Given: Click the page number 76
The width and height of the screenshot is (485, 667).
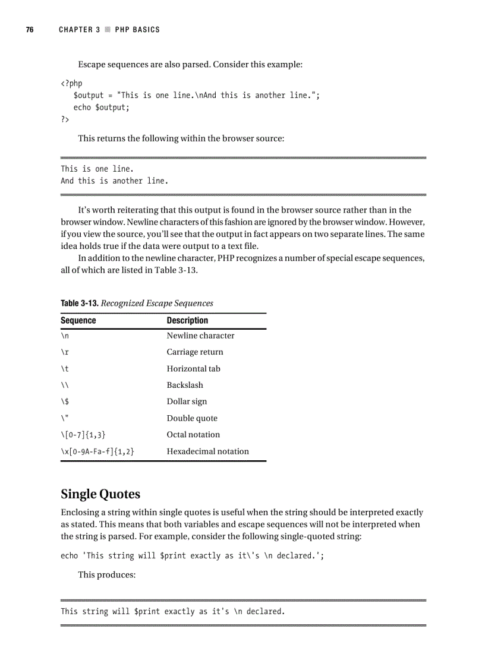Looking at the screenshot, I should [x=29, y=30].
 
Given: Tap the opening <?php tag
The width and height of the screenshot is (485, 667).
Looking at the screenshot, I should [x=71, y=83].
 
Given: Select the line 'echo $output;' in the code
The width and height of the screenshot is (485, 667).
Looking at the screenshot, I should [x=101, y=108].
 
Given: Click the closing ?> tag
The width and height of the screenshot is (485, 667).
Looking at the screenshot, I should [x=65, y=119].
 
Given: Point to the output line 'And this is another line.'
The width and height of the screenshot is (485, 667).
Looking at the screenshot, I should [x=114, y=181].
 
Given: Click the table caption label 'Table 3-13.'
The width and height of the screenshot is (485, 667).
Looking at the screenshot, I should [x=80, y=304].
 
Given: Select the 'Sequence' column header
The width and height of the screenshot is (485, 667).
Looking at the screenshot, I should [x=78, y=321].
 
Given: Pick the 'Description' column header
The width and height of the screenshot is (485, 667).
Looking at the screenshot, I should [x=187, y=321].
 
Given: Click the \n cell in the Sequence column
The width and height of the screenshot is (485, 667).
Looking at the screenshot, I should [x=65, y=336].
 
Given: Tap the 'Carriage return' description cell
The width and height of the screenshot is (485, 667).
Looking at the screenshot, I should [x=195, y=352].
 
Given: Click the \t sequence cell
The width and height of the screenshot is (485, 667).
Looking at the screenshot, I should [x=65, y=369].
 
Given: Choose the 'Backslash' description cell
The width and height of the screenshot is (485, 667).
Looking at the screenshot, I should [x=185, y=385].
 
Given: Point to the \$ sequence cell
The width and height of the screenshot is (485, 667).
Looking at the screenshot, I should [x=65, y=402].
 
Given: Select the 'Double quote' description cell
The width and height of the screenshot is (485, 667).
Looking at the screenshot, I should [x=192, y=418].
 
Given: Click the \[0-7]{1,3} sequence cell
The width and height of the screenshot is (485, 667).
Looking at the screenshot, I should [x=83, y=435].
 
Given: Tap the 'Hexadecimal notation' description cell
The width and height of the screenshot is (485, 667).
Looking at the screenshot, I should [x=207, y=451].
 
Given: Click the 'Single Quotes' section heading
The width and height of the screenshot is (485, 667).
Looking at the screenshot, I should [x=100, y=494].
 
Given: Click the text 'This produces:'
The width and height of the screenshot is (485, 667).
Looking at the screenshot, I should [x=108, y=576].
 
